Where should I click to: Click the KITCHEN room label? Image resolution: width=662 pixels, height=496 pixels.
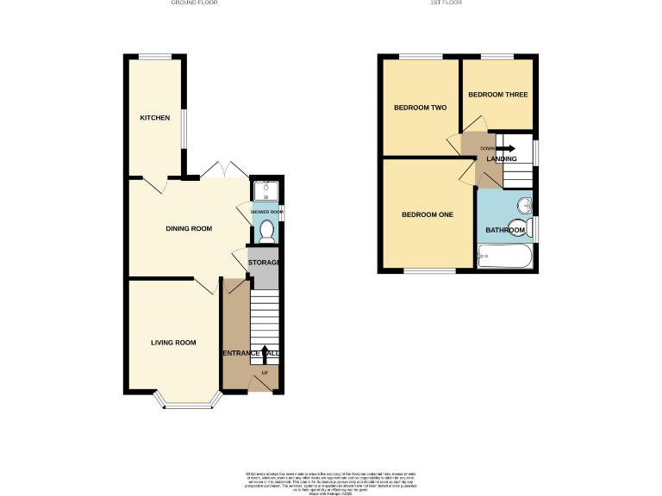(x=155, y=118)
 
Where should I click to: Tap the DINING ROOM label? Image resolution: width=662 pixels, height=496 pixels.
(x=189, y=228)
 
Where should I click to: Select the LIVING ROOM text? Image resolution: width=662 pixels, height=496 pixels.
(x=173, y=343)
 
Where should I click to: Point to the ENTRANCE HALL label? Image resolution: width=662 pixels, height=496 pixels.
(x=251, y=354)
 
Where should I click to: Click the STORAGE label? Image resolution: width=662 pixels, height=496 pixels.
(x=264, y=263)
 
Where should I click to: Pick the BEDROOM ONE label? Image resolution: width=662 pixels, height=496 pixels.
(x=428, y=214)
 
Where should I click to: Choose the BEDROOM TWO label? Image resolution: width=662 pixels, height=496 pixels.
(x=420, y=108)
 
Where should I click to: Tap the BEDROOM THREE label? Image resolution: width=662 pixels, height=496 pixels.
(x=497, y=95)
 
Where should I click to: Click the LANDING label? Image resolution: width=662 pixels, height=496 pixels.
(x=502, y=158)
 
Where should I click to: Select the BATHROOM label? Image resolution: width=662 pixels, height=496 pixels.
(x=505, y=230)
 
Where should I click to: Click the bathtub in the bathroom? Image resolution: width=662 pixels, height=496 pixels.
(x=505, y=257)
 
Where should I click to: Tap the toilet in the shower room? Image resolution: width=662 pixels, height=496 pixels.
(x=266, y=230)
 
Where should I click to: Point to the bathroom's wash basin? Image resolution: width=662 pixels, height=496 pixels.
(x=523, y=206)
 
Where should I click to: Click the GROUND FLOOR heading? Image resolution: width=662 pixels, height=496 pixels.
(x=193, y=3)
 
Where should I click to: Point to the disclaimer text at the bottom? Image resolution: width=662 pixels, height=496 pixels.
(x=331, y=482)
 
